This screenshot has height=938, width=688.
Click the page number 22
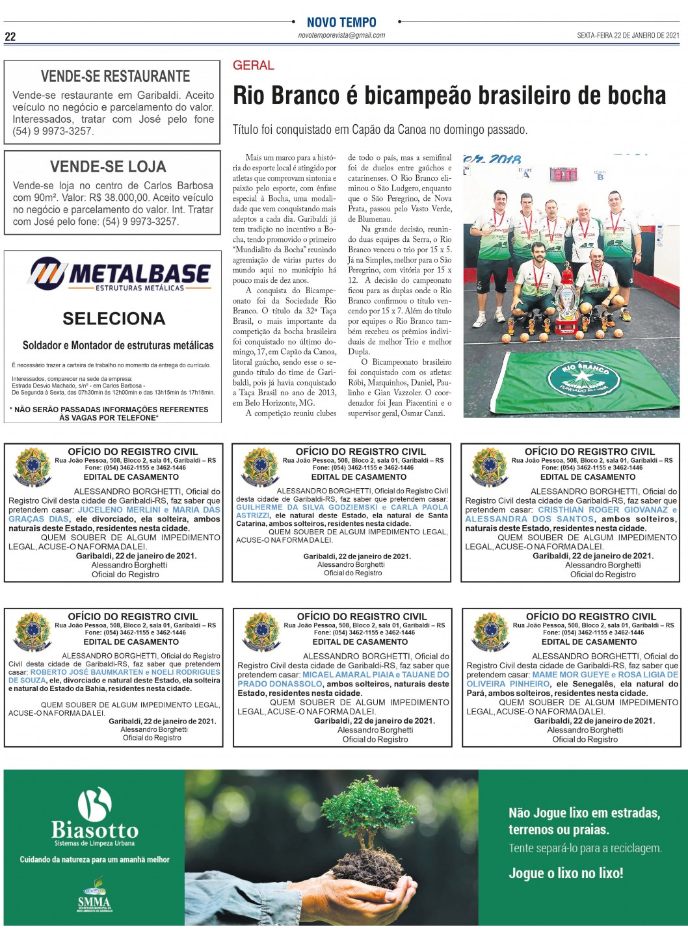pos(10,37)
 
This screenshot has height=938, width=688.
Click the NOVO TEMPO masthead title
pos(341,22)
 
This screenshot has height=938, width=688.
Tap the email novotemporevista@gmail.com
pos(341,36)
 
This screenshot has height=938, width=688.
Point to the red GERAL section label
pos(253,65)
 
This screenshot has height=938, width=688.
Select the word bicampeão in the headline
pos(424,96)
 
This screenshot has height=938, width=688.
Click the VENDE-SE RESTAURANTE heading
pos(115,76)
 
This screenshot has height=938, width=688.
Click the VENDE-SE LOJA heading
pos(108,166)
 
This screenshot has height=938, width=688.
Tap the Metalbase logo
pos(120,274)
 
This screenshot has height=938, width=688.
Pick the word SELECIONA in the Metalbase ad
pos(114,319)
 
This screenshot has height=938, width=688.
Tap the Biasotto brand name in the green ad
pos(95,830)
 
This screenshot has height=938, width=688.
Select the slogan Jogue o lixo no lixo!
pos(566,873)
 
